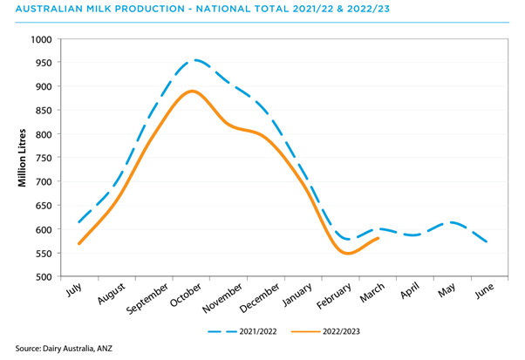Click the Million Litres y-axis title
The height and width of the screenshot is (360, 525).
(23, 158)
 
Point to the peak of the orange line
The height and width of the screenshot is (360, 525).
(193, 91)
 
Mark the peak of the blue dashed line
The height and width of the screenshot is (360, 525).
(197, 60)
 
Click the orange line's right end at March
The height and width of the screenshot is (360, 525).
(378, 238)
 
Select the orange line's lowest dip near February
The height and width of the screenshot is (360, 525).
(348, 254)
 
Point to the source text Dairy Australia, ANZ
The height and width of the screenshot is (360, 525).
(78, 349)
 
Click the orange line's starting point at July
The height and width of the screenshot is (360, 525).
(79, 244)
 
